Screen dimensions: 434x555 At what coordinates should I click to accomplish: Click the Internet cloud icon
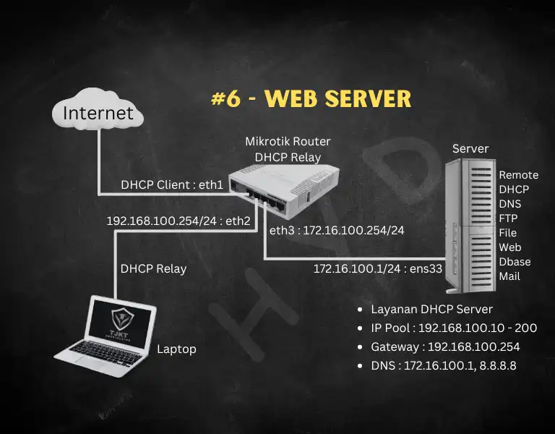[x=98, y=113]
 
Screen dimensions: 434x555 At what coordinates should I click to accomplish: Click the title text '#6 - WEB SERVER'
[x=311, y=99]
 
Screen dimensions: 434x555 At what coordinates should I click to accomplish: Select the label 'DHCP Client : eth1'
[x=172, y=184]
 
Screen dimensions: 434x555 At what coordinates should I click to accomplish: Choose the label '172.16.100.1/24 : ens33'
[x=366, y=269]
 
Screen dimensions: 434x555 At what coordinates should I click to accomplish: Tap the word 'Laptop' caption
[x=176, y=349]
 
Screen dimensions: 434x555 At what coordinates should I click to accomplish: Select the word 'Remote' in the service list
[x=519, y=175]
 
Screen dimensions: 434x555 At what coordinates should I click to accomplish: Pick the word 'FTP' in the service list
[x=509, y=218]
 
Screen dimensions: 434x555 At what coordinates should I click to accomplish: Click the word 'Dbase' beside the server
[x=514, y=262]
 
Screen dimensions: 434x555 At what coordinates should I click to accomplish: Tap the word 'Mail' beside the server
[x=509, y=276]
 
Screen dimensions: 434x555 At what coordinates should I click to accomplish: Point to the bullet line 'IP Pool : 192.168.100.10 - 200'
[x=454, y=328]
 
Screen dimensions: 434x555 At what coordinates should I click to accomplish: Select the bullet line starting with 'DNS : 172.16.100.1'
[x=444, y=366]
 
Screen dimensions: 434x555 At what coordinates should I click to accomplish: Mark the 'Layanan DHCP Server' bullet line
[x=432, y=310]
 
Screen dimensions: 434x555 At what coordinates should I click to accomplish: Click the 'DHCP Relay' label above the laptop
[x=153, y=269]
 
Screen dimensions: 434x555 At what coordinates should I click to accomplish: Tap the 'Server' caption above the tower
[x=470, y=149]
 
